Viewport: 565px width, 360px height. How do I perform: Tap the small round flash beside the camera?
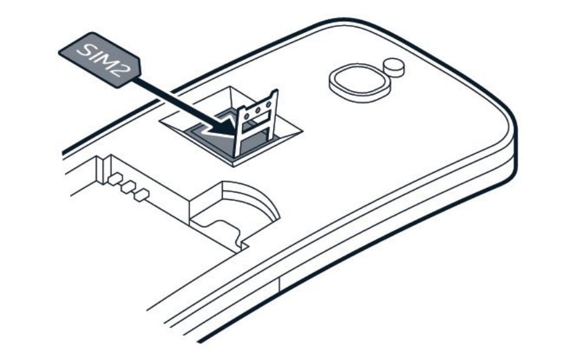tap(394, 64)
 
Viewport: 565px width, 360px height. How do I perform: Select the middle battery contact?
tap(128, 187)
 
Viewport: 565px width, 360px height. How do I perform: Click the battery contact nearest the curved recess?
tap(142, 194)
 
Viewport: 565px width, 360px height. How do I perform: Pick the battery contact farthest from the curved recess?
tap(115, 180)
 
